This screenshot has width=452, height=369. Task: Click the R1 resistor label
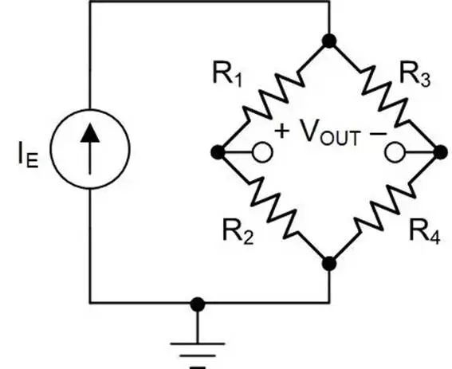(x=227, y=73)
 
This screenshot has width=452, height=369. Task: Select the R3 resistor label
(x=415, y=74)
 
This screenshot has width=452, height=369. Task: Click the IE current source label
(x=28, y=155)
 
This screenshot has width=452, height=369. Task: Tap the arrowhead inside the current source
(x=90, y=133)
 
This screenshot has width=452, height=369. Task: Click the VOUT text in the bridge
(x=330, y=132)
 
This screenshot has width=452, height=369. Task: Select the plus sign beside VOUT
(x=281, y=132)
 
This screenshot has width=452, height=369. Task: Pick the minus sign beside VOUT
(x=378, y=133)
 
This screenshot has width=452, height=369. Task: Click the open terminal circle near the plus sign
(x=262, y=152)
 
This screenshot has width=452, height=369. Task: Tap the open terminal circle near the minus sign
(x=395, y=152)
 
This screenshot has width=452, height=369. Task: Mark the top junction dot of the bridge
(x=329, y=41)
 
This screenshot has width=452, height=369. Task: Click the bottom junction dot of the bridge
(x=329, y=264)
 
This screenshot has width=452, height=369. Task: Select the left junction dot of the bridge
(x=218, y=152)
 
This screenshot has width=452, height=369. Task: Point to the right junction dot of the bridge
(x=441, y=152)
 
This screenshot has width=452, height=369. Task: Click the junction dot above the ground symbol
(x=198, y=304)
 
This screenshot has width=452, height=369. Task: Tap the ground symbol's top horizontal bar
(x=198, y=343)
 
